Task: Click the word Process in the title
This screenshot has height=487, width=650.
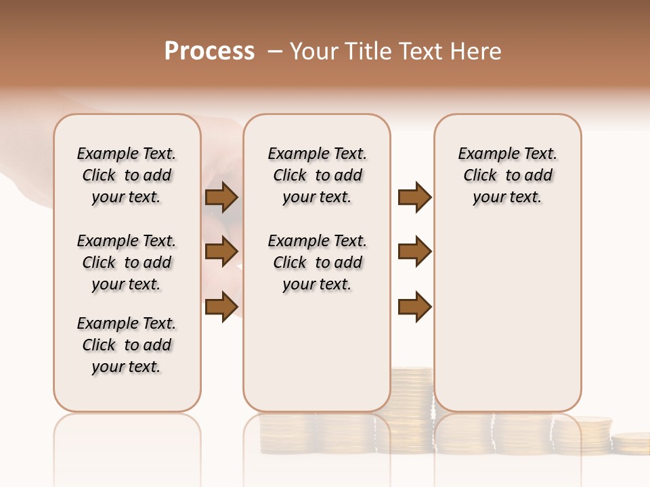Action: coord(209,51)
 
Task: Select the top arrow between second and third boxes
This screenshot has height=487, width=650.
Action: coord(414,197)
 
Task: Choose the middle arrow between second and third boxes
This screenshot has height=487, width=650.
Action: coord(414,252)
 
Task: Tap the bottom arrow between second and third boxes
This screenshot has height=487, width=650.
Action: coord(414,306)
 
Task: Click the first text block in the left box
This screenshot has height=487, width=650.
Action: coord(127,175)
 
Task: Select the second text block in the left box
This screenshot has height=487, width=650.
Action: coord(127,262)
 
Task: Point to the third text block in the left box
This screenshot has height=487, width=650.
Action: coord(127,345)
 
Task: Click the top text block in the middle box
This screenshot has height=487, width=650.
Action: coord(317,175)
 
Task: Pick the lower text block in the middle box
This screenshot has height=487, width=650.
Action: coord(317,262)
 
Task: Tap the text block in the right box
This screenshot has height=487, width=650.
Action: coord(507,175)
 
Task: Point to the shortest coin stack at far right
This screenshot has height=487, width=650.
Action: coord(630,442)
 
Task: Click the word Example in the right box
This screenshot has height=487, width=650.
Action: coord(483,154)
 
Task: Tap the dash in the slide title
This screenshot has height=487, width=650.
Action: coord(274,51)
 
